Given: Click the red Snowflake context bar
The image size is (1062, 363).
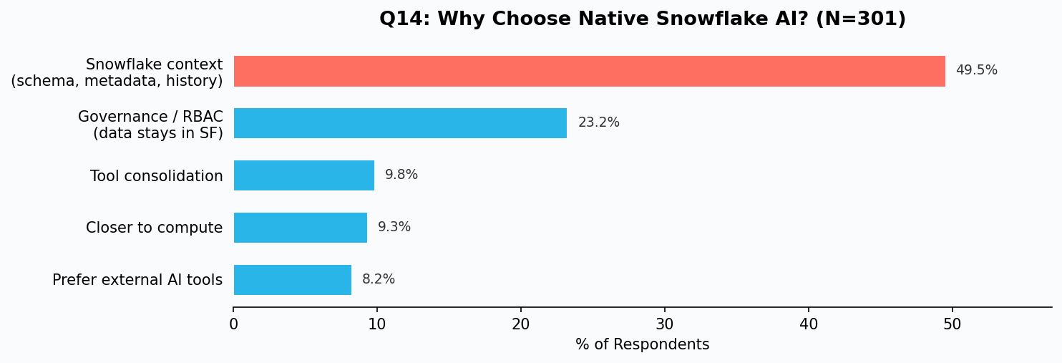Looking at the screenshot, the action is pos(589,71).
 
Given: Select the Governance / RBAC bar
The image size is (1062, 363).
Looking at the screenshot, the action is pos(400,123).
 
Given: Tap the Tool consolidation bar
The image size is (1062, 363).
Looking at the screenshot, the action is pos(304,175).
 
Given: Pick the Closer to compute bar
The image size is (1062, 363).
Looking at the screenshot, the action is pos(300,228).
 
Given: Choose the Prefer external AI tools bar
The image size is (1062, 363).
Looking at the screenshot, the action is pos(293,280).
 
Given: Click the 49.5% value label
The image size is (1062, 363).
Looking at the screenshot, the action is pos(977,70).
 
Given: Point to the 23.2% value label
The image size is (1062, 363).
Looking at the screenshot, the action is pos(599,122).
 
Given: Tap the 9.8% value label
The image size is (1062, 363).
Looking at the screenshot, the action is pos(401,175).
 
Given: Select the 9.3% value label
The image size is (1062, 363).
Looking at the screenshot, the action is pos(394,227).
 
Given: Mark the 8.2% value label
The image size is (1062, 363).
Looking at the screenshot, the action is pos(379,279).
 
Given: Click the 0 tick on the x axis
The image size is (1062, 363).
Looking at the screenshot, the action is pos(233,324).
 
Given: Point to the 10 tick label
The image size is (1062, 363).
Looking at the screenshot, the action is pos(377,324).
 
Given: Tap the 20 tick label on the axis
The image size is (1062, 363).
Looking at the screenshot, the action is pos(520,324).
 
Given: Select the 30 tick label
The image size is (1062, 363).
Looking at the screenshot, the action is pos(665,324).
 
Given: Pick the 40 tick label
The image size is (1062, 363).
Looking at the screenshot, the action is pos(809,324).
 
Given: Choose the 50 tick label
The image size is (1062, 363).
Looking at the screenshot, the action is pos(952,324).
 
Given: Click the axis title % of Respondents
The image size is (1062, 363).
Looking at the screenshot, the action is pos(643,344).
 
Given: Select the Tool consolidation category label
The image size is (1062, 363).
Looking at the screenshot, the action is pos(157,176).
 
